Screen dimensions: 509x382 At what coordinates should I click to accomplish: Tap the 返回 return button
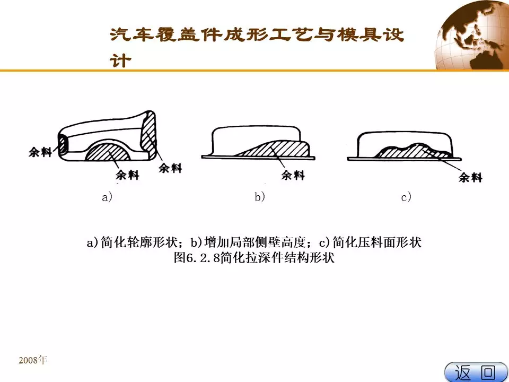476,372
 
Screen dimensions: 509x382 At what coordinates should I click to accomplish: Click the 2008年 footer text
33,360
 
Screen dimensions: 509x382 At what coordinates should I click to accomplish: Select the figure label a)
107,197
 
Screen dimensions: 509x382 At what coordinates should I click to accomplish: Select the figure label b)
260,197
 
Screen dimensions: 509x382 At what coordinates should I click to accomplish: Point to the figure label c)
406,197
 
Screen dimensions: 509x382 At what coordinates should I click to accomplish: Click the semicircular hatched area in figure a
108,152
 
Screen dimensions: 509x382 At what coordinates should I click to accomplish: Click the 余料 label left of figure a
40,152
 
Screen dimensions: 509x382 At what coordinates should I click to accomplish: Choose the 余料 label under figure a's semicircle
128,175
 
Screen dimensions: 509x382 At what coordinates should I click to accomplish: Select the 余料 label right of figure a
170,168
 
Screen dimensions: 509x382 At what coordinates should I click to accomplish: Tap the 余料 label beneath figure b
293,175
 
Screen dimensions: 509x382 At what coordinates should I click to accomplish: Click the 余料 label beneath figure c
470,177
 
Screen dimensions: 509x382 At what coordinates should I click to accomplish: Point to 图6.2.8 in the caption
197,258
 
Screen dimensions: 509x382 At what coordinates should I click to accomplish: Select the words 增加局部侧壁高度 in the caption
255,242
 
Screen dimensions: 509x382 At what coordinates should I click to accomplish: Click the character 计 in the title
120,60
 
